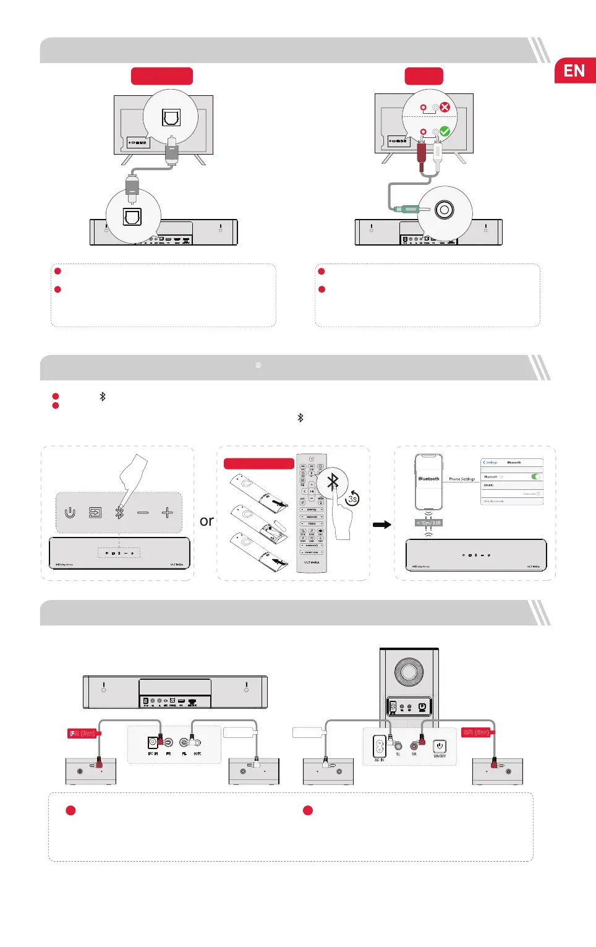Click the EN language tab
574,71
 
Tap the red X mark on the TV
445,107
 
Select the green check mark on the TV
445,132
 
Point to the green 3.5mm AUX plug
407,209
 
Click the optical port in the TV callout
171,117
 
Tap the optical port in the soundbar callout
132,216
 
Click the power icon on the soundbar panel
70,513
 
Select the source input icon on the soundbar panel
95,513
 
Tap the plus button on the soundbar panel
167,513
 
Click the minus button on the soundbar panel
143,513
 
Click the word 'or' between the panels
206,521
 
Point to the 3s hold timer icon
352,499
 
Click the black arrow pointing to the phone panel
382,525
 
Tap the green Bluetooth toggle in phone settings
536,476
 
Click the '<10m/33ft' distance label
428,523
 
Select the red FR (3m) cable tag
83,734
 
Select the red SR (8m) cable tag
476,732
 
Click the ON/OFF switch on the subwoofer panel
439,747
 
